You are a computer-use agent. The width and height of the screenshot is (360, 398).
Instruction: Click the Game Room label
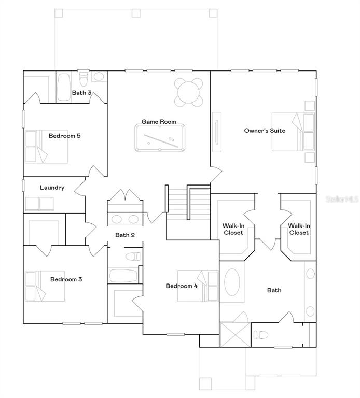pyautogui.click(x=159, y=122)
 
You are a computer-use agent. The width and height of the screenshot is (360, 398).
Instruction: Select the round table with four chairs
pyautogui.click(x=188, y=91)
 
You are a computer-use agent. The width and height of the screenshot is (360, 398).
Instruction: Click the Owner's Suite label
pyautogui.click(x=265, y=131)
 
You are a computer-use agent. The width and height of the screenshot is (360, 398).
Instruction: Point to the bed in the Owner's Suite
pyautogui.click(x=293, y=132)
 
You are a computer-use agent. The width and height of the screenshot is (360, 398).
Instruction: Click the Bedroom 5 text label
pyautogui.click(x=64, y=136)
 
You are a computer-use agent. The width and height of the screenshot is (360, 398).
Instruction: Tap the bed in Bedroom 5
pyautogui.click(x=47, y=146)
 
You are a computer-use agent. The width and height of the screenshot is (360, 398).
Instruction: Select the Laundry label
pyautogui.click(x=52, y=188)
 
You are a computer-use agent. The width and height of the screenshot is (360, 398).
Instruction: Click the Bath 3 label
pyautogui.click(x=81, y=93)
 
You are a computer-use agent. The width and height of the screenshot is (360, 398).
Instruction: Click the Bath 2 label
pyautogui.click(x=125, y=235)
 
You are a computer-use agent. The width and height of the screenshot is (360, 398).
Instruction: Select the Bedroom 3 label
pyautogui.click(x=66, y=279)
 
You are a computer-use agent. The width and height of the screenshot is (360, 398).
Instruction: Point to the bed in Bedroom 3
pyautogui.click(x=46, y=286)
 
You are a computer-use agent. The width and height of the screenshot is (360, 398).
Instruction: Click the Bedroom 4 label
pyautogui.click(x=181, y=286)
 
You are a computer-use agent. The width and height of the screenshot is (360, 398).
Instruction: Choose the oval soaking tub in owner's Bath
pyautogui.click(x=232, y=285)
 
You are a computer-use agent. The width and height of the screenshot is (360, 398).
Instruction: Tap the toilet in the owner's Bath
pyautogui.click(x=262, y=334)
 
